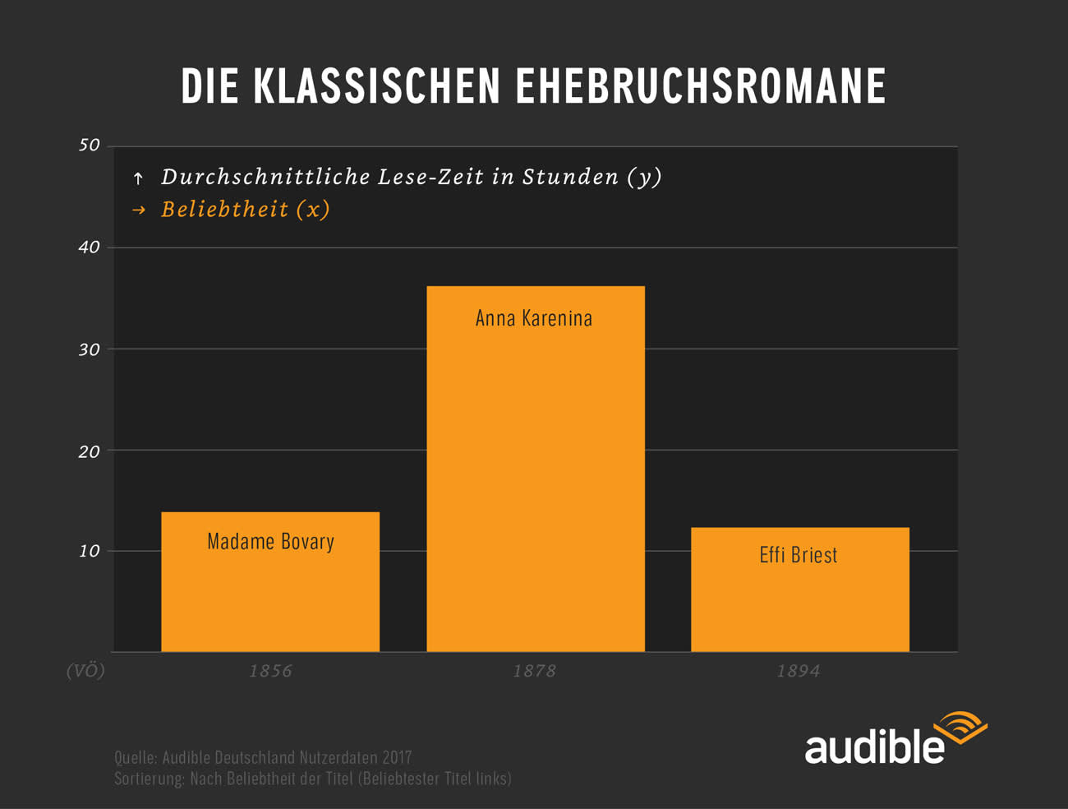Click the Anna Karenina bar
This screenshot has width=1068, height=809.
(x=536, y=469)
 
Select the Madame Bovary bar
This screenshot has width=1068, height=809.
(x=270, y=582)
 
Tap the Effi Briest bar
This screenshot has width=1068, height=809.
(x=800, y=589)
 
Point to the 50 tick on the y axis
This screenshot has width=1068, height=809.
(x=89, y=145)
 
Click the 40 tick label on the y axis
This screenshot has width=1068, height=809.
(x=89, y=247)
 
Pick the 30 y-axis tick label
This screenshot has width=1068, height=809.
(x=89, y=349)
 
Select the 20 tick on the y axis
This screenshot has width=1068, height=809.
(x=89, y=451)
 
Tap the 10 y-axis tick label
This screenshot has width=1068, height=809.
(x=89, y=551)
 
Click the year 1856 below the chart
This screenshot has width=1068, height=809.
(x=270, y=671)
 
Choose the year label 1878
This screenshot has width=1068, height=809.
(x=534, y=671)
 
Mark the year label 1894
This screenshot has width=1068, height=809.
(x=799, y=671)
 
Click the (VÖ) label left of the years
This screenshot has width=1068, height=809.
(x=85, y=671)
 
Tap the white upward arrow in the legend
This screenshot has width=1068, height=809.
(x=138, y=178)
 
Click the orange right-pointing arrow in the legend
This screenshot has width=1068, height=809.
(x=139, y=210)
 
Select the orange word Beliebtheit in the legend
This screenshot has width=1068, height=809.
(x=225, y=210)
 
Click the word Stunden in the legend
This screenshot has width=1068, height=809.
(x=570, y=176)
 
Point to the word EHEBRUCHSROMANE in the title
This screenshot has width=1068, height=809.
(x=701, y=86)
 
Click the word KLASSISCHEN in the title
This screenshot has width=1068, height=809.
(x=376, y=86)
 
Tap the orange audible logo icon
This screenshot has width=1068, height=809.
(x=961, y=728)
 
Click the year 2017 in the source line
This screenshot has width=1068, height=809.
(x=397, y=757)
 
